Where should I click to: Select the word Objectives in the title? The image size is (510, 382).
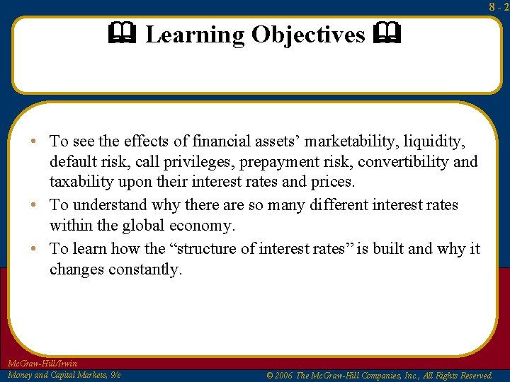point(309,35)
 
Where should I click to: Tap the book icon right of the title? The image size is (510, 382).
point(389,33)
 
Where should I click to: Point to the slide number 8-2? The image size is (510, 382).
point(499,7)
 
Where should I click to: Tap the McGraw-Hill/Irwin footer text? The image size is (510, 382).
point(42,364)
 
